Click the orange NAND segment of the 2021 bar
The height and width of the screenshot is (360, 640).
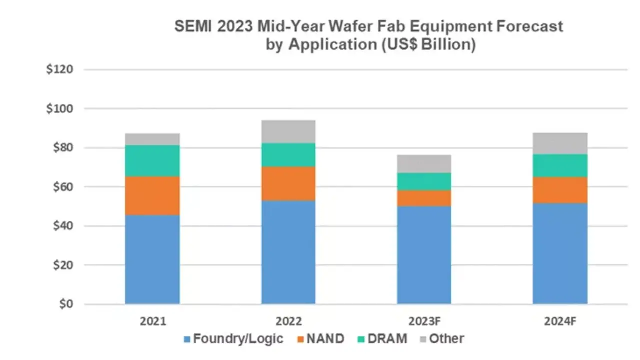click(x=152, y=196)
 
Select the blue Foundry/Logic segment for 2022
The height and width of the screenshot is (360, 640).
click(x=288, y=252)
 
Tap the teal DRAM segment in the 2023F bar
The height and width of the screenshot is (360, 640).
click(x=424, y=181)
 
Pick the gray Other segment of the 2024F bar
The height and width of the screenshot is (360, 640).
click(x=560, y=143)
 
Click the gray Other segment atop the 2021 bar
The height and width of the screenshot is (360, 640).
click(x=152, y=139)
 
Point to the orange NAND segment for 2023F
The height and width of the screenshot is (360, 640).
click(x=424, y=198)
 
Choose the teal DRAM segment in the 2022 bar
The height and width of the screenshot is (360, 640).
click(x=288, y=155)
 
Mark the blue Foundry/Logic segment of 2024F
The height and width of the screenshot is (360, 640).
click(x=560, y=253)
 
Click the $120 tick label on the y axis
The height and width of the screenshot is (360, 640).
click(x=60, y=69)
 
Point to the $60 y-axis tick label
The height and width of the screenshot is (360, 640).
click(x=62, y=187)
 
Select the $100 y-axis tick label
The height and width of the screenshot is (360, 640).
click(x=60, y=108)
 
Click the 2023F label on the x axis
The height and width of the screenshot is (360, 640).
click(x=424, y=320)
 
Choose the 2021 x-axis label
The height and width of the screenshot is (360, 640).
click(x=152, y=320)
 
